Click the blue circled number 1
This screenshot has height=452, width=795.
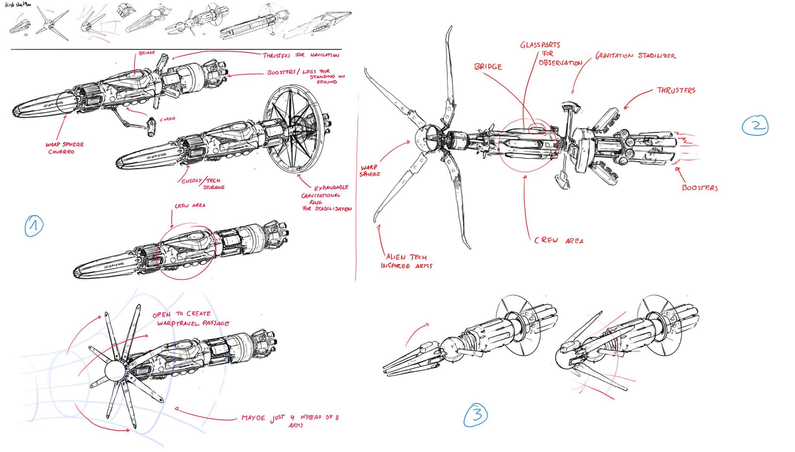[34, 226]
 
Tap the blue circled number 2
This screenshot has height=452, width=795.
[755, 125]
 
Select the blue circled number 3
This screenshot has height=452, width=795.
[476, 415]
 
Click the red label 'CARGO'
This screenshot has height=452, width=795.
[167, 119]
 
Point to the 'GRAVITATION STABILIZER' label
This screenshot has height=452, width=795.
[635, 56]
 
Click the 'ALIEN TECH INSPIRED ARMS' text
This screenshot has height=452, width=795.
[406, 261]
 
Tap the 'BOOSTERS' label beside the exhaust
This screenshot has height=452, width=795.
[700, 188]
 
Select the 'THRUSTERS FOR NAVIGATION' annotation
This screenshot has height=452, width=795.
[301, 55]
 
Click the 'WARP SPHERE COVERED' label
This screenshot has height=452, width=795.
[64, 148]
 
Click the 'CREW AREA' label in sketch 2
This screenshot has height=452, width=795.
[559, 240]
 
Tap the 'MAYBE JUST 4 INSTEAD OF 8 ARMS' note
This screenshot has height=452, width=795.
[290, 420]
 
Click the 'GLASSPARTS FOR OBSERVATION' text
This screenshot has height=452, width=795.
[550, 54]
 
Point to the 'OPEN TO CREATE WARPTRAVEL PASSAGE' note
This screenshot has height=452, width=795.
[191, 319]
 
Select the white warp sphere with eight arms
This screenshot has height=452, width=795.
[115, 371]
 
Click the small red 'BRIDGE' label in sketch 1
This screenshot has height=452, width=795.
[147, 53]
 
